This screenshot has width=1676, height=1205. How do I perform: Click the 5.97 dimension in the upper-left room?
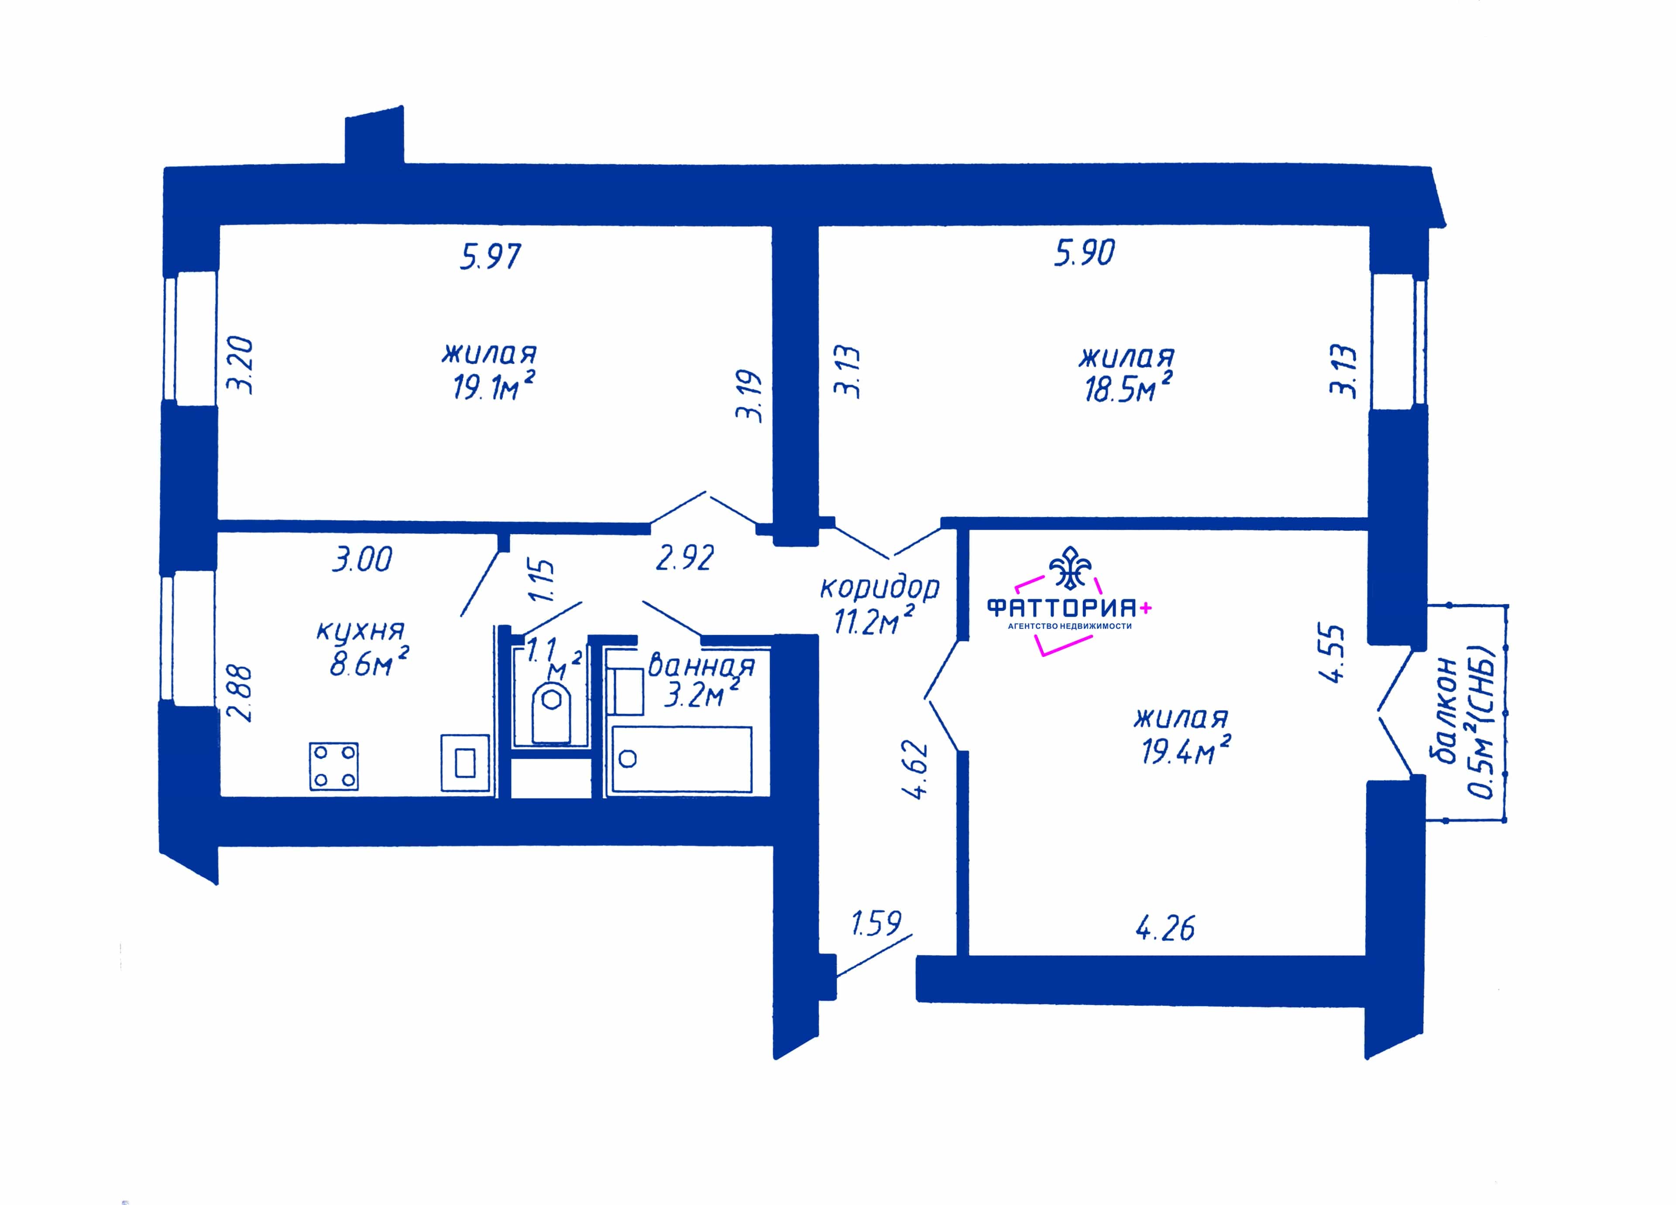pos(491,256)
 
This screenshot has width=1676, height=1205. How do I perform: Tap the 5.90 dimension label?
pos(1084,253)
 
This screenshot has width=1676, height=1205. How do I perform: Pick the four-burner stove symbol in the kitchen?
pos(334,767)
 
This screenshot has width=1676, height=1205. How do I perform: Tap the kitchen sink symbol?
pos(465,763)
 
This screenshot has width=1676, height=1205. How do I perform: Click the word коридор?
pos(879,588)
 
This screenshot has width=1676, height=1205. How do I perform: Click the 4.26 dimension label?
pos(1164,928)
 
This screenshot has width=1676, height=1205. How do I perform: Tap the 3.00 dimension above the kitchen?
pos(362,559)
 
